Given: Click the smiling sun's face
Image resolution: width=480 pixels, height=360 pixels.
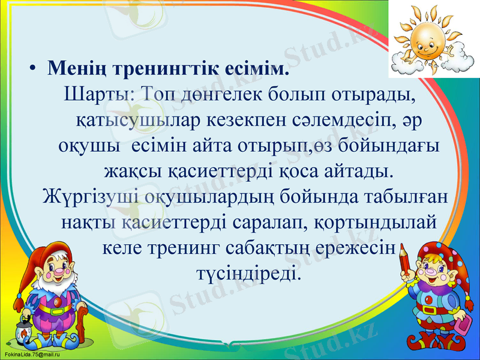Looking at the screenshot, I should (x=426, y=38).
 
